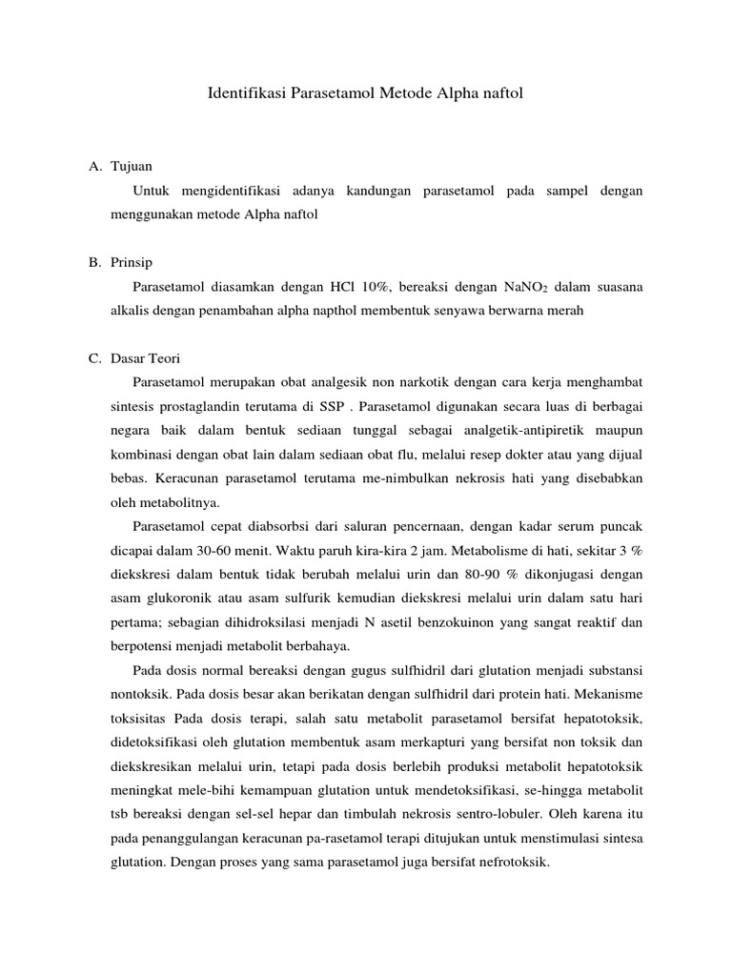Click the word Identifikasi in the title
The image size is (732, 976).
coord(243,94)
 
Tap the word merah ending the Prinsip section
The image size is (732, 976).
coord(563,311)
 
